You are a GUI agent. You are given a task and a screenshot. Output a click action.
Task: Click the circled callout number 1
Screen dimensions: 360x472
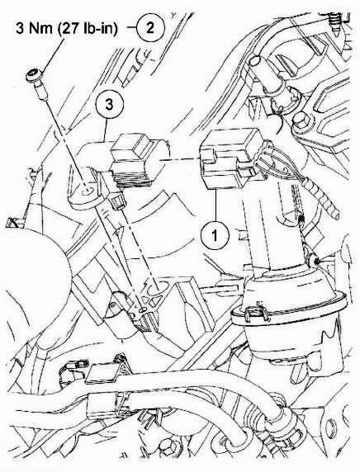coord(215,235)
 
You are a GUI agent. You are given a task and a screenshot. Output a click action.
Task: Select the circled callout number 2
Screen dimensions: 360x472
coord(150,28)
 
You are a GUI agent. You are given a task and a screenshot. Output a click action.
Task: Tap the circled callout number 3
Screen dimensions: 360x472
coord(109,105)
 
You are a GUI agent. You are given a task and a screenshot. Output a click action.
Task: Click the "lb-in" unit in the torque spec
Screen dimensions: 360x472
coord(102,28)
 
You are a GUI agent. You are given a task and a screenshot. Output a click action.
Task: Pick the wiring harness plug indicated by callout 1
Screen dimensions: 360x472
coord(229,158)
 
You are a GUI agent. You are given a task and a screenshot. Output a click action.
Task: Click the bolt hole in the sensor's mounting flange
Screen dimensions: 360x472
coord(87,190)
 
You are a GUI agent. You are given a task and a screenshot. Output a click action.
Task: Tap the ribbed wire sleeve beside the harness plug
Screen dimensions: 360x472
coord(321,198)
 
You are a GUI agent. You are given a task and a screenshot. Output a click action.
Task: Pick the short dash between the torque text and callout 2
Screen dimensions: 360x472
coord(131,28)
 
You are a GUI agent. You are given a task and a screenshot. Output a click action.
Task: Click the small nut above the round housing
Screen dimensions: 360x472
coord(313,262)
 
